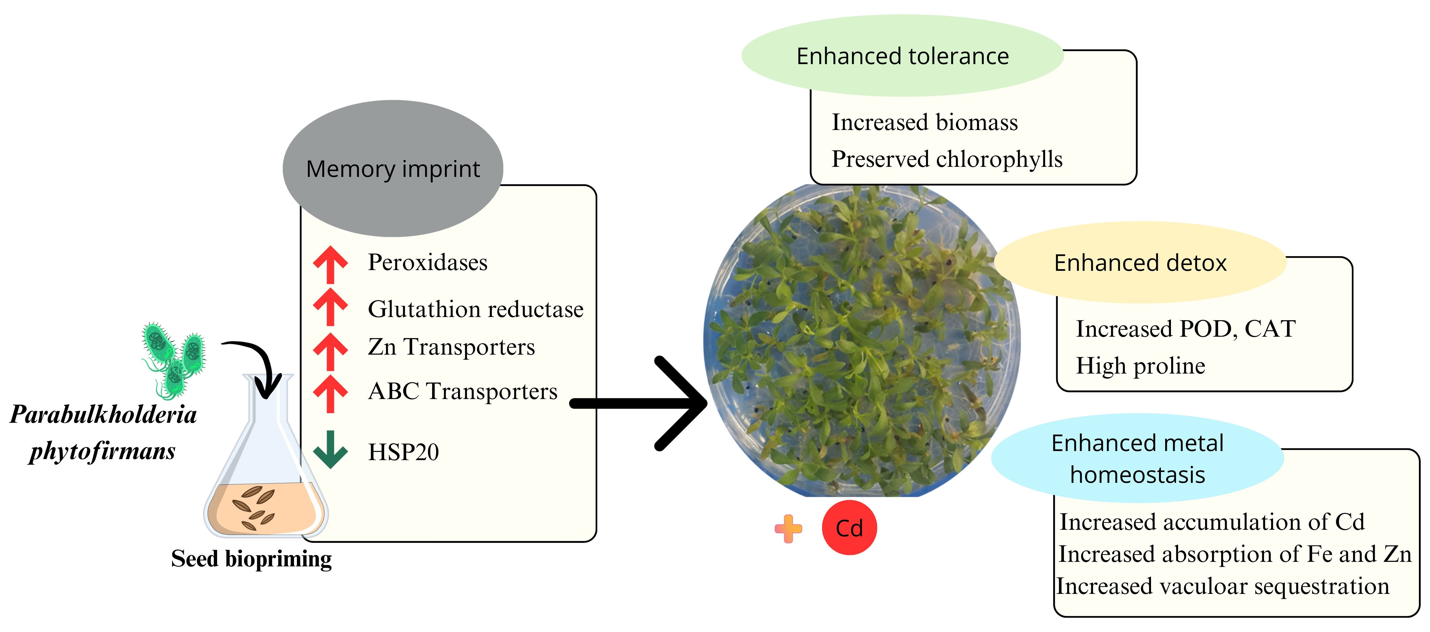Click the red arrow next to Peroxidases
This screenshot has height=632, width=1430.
coord(330,264)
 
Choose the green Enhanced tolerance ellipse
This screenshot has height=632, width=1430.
coord(902,56)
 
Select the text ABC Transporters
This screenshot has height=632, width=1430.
coord(462,391)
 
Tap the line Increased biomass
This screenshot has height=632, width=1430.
coord(924,122)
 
